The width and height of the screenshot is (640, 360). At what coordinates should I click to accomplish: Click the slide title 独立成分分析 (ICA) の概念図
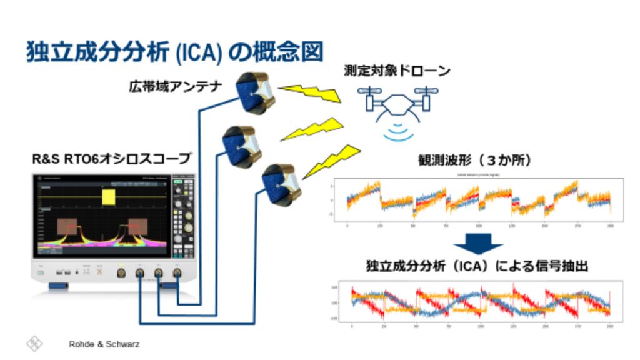(174, 52)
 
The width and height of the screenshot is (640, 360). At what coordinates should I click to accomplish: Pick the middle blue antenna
(241, 146)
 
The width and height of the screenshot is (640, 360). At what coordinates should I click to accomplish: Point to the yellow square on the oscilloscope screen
(109, 197)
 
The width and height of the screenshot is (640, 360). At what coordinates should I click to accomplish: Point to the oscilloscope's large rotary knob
(181, 237)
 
